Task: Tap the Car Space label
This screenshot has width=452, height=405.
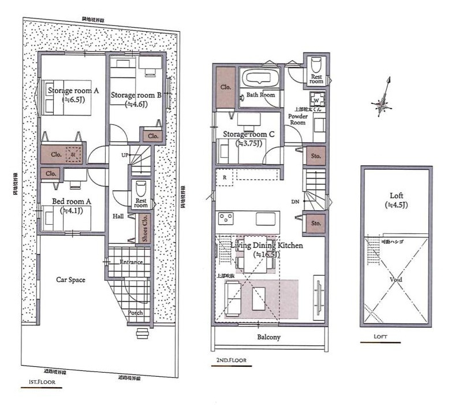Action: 70,280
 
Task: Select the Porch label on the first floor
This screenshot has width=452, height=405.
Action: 135,313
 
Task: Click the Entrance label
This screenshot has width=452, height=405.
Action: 130,262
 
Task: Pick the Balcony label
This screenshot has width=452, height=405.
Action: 268,337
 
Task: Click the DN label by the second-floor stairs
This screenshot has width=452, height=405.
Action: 295,202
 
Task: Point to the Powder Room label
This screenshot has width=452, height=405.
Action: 297,119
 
